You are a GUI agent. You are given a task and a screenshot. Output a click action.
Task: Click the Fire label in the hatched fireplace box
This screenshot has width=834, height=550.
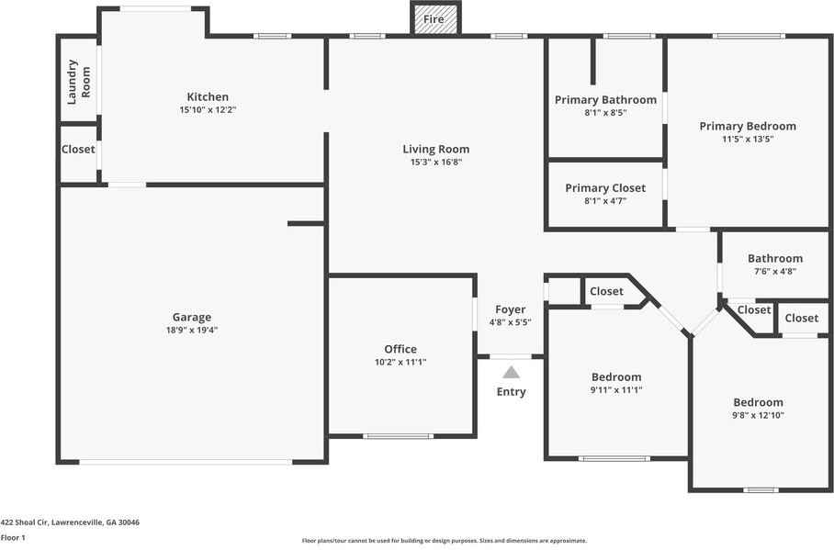[x=434, y=19]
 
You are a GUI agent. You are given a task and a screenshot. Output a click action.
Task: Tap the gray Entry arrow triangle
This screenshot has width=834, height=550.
[x=511, y=372]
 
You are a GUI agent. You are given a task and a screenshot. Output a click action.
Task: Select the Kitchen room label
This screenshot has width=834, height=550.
[x=208, y=96]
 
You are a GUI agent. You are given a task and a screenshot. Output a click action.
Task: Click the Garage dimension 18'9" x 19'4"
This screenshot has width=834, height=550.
[x=192, y=330]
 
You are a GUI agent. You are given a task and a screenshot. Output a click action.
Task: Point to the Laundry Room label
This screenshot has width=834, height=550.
[x=78, y=82]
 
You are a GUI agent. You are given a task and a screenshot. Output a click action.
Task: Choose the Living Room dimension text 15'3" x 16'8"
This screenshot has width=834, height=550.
[x=436, y=163]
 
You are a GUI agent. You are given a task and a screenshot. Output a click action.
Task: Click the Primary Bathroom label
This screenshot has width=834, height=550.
[x=605, y=100]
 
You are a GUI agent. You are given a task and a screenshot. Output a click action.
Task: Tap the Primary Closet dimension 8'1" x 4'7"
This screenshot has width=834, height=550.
[x=605, y=201]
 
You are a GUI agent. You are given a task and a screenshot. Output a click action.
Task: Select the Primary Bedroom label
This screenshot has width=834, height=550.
[x=748, y=126]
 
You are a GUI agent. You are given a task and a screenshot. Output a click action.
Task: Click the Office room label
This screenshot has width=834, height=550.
[x=400, y=349]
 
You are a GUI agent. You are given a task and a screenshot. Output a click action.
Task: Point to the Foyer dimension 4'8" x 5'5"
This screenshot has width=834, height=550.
[x=510, y=321]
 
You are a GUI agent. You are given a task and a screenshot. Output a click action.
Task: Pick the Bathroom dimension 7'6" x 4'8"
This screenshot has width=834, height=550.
[x=775, y=271]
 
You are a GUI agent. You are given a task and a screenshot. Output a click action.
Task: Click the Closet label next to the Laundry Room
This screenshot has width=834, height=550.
[x=78, y=150]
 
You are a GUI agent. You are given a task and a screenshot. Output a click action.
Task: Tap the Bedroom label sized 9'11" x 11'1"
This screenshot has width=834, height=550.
[x=616, y=377]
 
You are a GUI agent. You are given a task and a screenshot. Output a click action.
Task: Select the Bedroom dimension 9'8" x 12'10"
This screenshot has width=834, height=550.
[x=758, y=415]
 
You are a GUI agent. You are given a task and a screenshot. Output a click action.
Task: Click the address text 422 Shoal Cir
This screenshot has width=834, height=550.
[x=25, y=522]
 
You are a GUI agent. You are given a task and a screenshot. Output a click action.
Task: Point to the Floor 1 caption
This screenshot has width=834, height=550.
[x=13, y=538]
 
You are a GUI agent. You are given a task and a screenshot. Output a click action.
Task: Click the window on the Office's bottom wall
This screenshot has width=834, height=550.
[x=399, y=437]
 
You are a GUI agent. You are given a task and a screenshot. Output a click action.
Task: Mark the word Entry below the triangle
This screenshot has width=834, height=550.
[x=511, y=392]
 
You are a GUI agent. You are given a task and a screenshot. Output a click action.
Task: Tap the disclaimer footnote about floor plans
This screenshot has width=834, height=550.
[x=445, y=541]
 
